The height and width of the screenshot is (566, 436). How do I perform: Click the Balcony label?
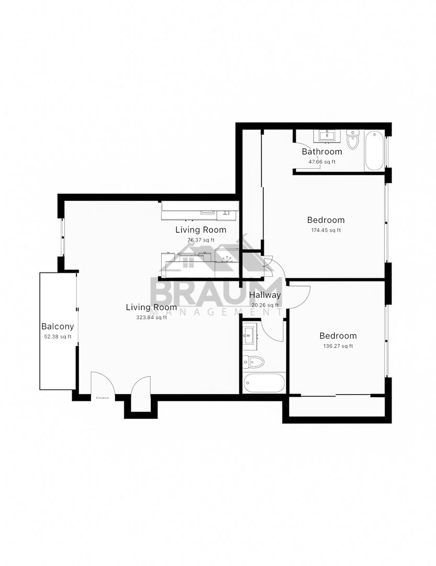coord(58,326)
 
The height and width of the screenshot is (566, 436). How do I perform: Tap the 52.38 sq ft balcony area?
coord(58,337)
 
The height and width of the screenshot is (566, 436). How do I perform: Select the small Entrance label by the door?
coord(103,398)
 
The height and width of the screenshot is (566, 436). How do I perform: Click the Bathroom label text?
coord(322,151)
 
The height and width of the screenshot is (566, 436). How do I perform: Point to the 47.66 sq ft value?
coord(322,162)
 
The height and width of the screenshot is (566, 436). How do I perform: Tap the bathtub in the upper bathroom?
coord(374,150)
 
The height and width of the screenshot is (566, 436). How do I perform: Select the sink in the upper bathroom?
coord(328,136)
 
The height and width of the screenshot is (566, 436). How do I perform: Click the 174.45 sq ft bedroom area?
coord(326,230)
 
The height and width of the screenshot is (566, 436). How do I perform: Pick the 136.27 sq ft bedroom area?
coord(338,346)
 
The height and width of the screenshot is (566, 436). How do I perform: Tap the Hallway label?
coord(265,295)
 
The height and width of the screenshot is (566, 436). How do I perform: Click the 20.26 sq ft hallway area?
coord(265,305)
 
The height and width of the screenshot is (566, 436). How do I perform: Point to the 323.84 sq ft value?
coord(151,318)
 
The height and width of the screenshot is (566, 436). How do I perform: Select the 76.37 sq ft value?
coord(201,240)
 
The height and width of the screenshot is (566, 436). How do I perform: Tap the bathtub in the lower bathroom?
coord(264,383)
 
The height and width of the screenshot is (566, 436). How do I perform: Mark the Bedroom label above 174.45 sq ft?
coord(326,220)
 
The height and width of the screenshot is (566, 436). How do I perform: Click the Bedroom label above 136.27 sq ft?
coord(338,336)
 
